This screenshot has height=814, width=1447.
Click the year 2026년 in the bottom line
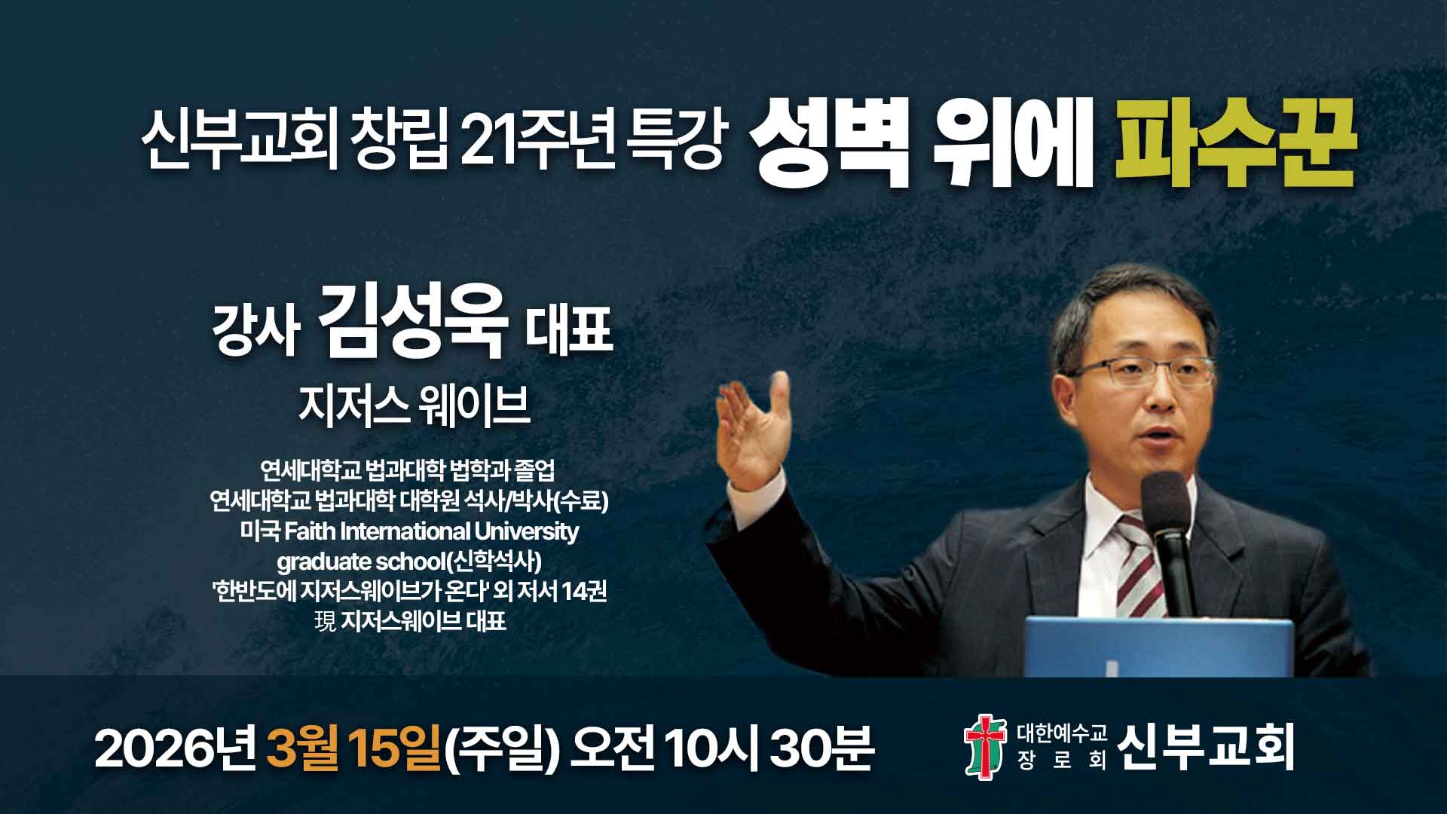(x=177, y=748)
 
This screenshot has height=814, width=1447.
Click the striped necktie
(x=1134, y=573)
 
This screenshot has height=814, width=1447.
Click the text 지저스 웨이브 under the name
(x=415, y=407)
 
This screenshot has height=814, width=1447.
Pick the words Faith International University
(x=431, y=531)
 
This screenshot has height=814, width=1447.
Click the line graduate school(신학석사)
(x=409, y=562)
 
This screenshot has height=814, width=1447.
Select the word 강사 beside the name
(x=257, y=332)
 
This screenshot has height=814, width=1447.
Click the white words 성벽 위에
(x=921, y=148)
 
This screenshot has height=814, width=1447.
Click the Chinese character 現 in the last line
(x=325, y=622)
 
